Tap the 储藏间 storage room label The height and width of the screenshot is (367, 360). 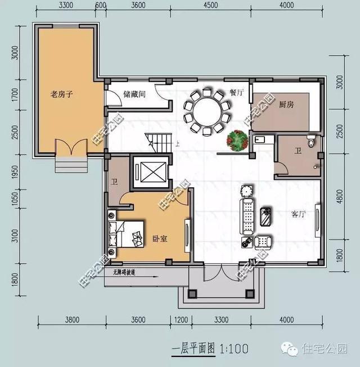click(x=134, y=94)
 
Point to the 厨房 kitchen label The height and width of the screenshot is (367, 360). click(x=286, y=105)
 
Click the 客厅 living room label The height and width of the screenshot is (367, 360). click(x=299, y=214)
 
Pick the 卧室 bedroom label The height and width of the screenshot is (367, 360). click(x=160, y=238)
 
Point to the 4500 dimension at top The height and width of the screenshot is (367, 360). click(x=210, y=6)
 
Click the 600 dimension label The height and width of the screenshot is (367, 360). click(x=101, y=6)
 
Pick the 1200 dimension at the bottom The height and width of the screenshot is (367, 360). click(x=181, y=320)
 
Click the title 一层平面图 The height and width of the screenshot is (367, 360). click(x=193, y=349)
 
